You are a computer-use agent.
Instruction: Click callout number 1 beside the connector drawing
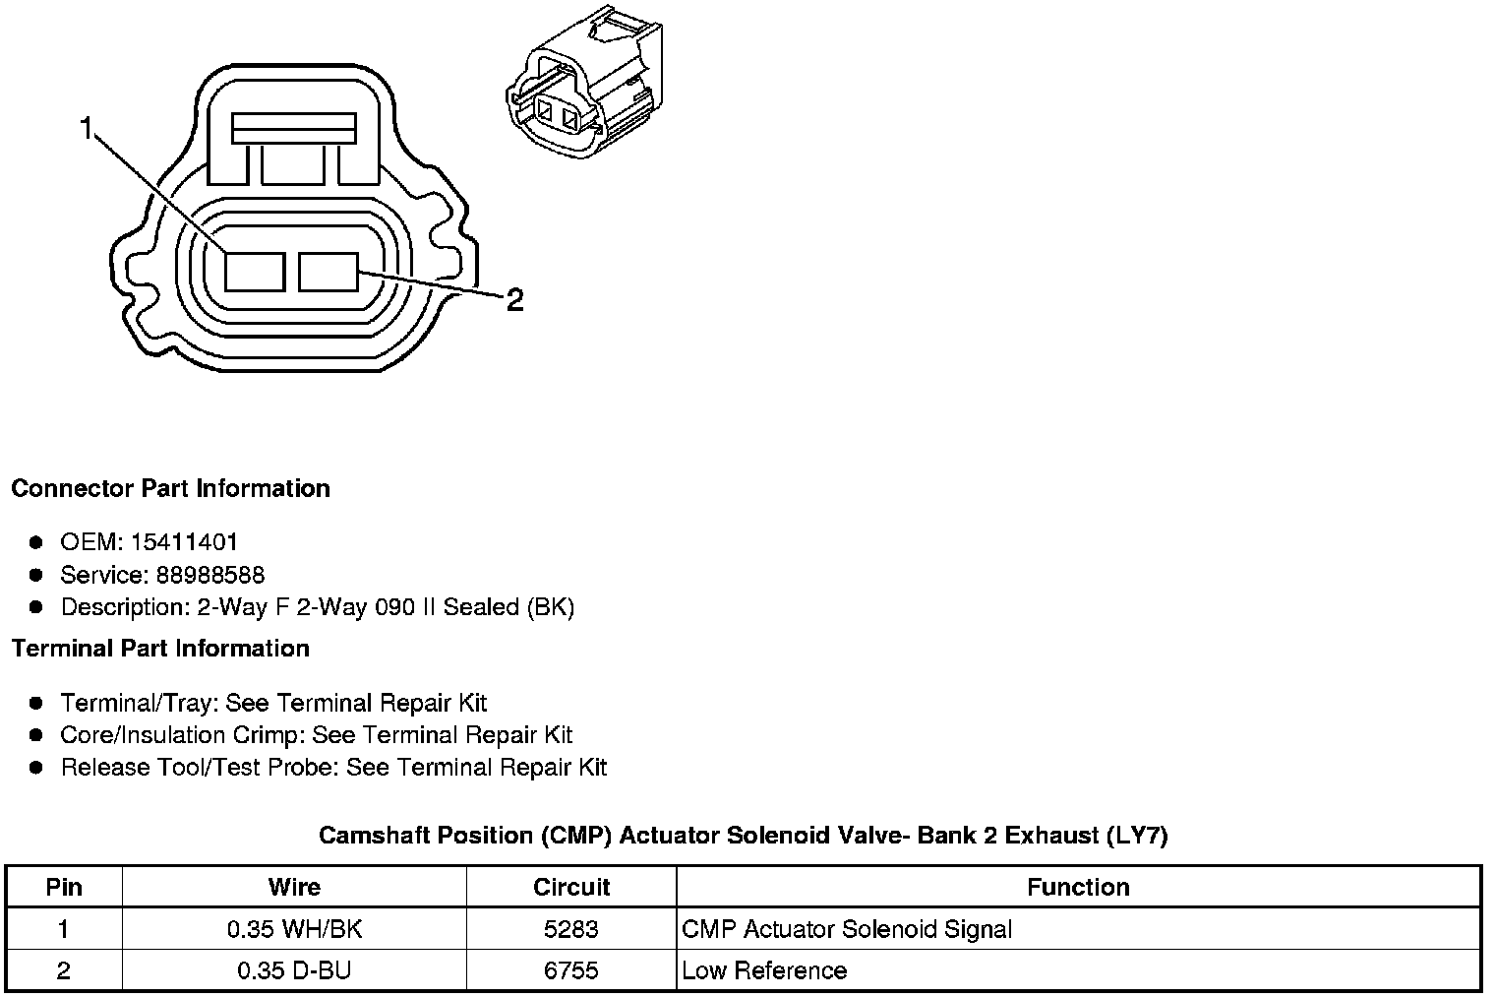click(88, 129)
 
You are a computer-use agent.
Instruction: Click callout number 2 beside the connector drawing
click(514, 300)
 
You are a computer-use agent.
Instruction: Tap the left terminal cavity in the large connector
click(255, 272)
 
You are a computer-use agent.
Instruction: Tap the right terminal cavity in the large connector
click(329, 272)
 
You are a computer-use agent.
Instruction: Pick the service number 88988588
click(210, 575)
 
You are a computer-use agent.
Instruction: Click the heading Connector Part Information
click(170, 489)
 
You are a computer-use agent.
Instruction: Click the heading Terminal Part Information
click(160, 649)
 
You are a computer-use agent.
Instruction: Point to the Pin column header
click(64, 887)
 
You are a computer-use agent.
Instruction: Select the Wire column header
click(294, 887)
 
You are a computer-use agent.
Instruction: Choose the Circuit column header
click(571, 887)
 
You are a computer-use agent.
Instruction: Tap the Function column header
click(1078, 887)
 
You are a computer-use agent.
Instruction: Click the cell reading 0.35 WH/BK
click(294, 929)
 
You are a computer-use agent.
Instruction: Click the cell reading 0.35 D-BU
click(294, 970)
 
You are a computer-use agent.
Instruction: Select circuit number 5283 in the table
click(571, 929)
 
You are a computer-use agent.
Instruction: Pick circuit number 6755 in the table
click(571, 970)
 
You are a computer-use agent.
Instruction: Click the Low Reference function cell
click(764, 970)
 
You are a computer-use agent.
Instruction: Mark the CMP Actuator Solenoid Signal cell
click(847, 929)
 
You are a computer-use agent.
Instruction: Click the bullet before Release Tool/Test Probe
click(36, 768)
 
